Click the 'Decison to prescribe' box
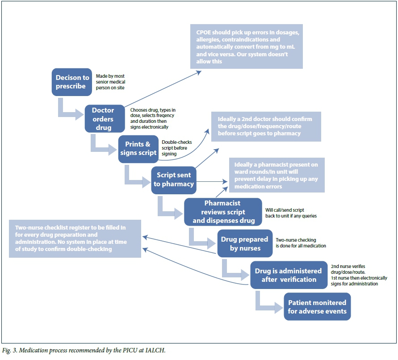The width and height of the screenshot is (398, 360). pyautogui.click(x=72, y=82)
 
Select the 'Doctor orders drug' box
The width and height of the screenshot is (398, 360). pyautogui.click(x=105, y=118)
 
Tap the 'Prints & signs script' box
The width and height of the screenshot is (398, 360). pyautogui.click(x=138, y=148)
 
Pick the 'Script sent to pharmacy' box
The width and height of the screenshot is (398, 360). pyautogui.click(x=174, y=180)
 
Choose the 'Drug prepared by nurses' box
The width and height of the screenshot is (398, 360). pyautogui.click(x=244, y=243)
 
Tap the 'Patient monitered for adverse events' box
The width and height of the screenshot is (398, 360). pyautogui.click(x=317, y=306)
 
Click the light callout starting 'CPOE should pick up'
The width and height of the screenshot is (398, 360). pyautogui.click(x=246, y=46)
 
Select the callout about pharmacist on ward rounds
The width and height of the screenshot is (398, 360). pyautogui.click(x=277, y=176)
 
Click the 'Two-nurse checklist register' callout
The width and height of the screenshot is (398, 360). pyautogui.click(x=75, y=238)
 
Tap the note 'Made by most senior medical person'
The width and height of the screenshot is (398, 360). pyautogui.click(x=110, y=82)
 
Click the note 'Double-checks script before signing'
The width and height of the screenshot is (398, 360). pyautogui.click(x=177, y=148)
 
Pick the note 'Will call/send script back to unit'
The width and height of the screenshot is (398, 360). pyautogui.click(x=291, y=213)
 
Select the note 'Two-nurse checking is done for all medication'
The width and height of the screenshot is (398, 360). pyautogui.click(x=301, y=243)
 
